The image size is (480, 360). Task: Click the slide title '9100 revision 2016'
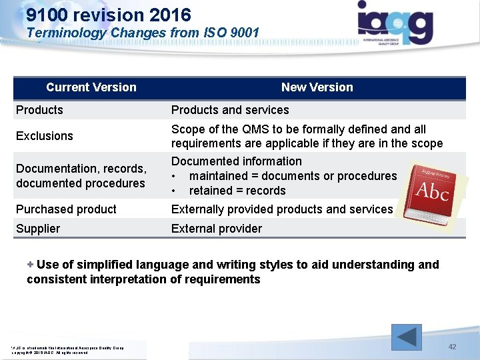[109, 15]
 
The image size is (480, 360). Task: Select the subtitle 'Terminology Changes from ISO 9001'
[143, 32]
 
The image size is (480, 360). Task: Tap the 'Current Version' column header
[91, 87]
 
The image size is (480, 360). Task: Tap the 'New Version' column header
[317, 87]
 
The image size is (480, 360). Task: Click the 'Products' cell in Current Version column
[39, 110]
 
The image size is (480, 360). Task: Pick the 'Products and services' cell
[230, 110]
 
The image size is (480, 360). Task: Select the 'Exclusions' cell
[45, 136]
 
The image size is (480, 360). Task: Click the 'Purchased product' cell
[66, 209]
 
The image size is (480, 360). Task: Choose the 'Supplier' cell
[38, 229]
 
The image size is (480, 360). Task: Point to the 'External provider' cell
[217, 229]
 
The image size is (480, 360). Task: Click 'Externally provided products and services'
[282, 209]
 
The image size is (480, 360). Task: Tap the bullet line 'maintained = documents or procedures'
[293, 176]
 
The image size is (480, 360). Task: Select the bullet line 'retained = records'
[237, 191]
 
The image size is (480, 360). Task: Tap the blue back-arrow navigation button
[406, 337]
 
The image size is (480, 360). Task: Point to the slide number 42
[452, 347]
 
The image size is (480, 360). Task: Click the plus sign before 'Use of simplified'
[30, 265]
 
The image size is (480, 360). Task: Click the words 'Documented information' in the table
[237, 161]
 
